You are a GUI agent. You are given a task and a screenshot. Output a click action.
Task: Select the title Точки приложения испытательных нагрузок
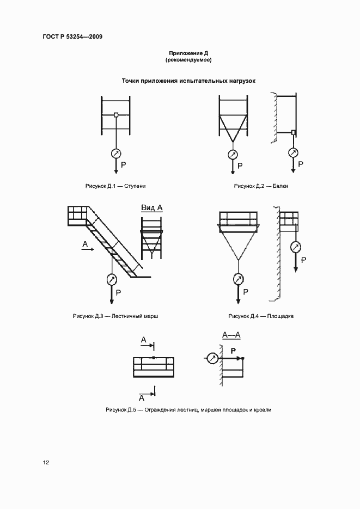[x=188, y=81]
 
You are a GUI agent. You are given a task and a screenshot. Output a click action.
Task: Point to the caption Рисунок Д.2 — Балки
[x=261, y=186]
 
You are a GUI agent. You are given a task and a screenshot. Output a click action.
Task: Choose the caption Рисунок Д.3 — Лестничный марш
[x=115, y=316]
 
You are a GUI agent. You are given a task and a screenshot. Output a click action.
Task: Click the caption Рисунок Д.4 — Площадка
[x=261, y=316]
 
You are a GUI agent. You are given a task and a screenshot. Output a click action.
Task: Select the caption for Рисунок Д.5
[x=188, y=409]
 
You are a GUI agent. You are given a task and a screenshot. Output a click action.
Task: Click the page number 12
[x=46, y=463]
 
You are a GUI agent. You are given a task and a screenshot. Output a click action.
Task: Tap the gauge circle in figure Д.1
[x=116, y=153]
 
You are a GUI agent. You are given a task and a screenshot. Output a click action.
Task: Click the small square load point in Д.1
[x=116, y=114]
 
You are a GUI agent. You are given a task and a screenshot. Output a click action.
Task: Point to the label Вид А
[x=152, y=207]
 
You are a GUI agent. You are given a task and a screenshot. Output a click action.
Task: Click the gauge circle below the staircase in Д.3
[x=112, y=280]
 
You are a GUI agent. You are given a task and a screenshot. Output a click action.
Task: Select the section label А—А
[x=231, y=335]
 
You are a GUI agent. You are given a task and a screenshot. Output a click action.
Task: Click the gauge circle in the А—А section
[x=212, y=358]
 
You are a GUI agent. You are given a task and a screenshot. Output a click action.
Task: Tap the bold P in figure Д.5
[x=233, y=351]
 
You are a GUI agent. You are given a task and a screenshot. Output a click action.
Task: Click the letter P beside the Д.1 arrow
[x=124, y=164]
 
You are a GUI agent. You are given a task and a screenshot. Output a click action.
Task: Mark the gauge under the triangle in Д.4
[x=237, y=279]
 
